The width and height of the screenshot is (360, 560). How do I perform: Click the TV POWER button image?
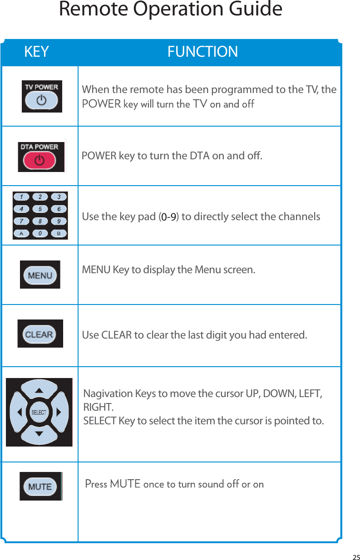tap(41, 99)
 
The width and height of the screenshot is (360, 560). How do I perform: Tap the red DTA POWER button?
tap(40, 160)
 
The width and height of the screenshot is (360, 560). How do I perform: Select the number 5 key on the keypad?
tap(40, 209)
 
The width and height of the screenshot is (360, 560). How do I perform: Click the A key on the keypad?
tap(21, 233)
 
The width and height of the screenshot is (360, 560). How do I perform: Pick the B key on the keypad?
tap(59, 233)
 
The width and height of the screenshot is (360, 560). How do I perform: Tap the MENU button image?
tap(40, 275)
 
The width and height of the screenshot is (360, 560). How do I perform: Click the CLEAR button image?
tap(39, 334)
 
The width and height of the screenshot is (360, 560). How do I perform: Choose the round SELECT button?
tap(39, 413)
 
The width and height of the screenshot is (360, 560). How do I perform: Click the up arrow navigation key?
tap(39, 390)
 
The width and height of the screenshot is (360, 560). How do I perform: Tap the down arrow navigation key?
tap(39, 434)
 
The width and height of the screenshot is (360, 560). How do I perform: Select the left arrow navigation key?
tap(19, 413)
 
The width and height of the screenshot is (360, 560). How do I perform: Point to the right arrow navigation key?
tap(59, 413)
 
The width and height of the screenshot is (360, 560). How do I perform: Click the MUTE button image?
tap(40, 486)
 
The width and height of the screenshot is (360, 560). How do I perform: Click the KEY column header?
tap(36, 52)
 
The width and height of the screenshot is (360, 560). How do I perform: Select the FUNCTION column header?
tap(202, 52)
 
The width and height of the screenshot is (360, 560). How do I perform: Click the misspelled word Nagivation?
tap(108, 393)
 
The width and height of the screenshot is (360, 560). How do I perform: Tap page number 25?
tap(356, 557)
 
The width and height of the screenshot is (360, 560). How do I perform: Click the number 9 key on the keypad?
tap(59, 221)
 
